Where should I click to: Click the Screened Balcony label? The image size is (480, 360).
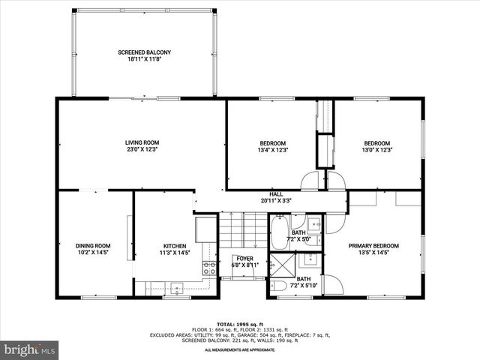pyautogui.click(x=144, y=52)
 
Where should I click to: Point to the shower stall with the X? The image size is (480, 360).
pyautogui.click(x=282, y=265)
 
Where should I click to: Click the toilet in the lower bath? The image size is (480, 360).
pyautogui.click(x=277, y=286)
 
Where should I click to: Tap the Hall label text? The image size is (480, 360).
pyautogui.click(x=276, y=193)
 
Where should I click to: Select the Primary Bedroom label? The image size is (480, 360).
pyautogui.click(x=373, y=245)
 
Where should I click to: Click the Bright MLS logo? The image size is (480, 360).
pyautogui.click(x=30, y=349)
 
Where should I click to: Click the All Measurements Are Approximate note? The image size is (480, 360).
pyautogui.click(x=239, y=349)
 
